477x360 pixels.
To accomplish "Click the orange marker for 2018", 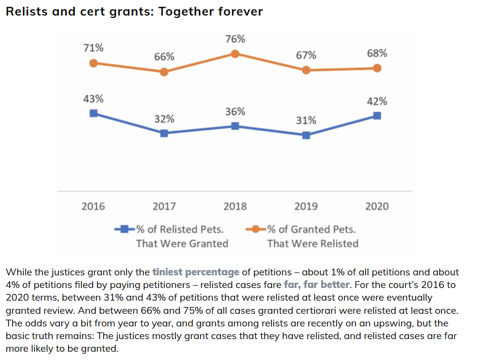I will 235,54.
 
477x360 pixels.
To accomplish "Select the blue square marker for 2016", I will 93,113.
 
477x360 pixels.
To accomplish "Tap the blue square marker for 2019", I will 306,135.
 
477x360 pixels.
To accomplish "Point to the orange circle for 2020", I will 377,68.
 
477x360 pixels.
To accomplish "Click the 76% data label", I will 235,39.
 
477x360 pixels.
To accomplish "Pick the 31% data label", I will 306,120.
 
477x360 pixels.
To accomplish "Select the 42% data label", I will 377,101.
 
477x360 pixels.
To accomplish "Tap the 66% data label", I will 164,56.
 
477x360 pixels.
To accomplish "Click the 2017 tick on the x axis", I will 164,206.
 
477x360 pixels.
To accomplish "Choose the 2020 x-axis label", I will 377,206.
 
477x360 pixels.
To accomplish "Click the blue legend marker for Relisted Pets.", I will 124,229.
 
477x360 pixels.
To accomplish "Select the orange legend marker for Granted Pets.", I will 256,229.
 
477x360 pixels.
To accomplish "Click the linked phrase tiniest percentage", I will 195,272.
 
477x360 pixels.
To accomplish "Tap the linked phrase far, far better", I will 317,284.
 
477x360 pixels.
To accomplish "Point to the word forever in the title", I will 240,11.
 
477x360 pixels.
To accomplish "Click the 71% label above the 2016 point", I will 93,48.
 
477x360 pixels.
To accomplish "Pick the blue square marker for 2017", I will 164,133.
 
